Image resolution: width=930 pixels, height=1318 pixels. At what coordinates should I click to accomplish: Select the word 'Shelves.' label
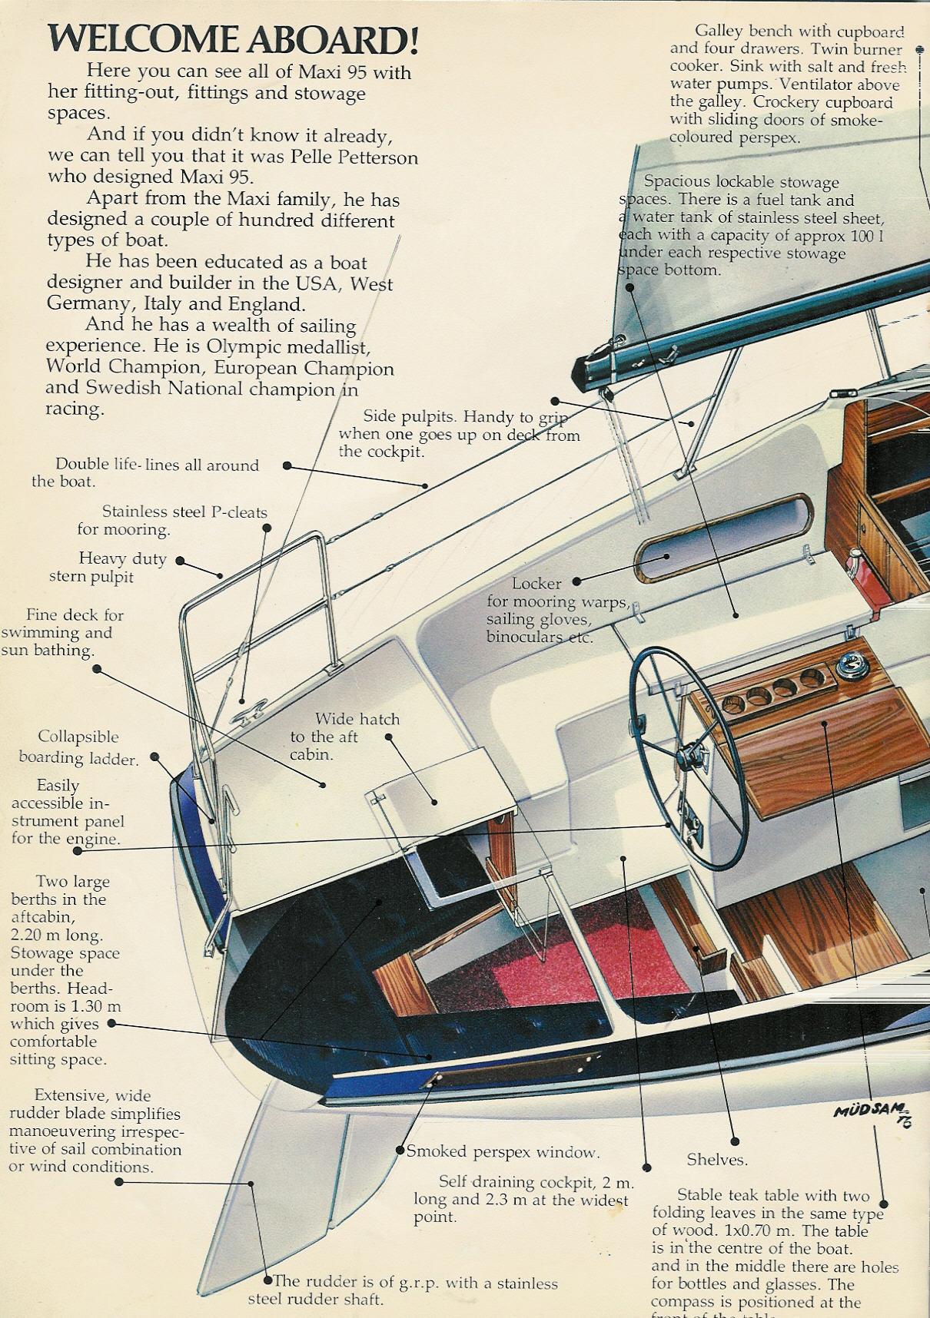click(716, 1160)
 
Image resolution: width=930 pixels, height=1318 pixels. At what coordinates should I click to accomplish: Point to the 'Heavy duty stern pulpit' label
click(108, 568)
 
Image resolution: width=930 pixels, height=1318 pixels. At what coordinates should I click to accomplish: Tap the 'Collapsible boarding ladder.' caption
click(78, 747)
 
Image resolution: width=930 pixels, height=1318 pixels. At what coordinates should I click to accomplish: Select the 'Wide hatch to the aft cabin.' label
click(345, 737)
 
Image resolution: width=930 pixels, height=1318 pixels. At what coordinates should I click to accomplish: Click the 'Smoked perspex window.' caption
click(503, 1151)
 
